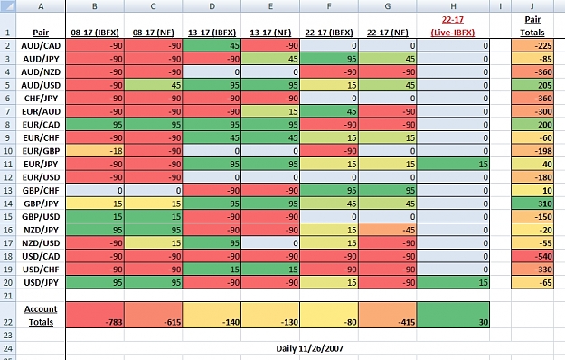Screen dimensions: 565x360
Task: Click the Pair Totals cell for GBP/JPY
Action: (532, 204)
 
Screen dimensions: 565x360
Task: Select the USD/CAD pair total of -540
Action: (532, 256)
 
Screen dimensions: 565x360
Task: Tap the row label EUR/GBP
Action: (41, 151)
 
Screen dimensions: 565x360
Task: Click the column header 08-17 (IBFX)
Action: (95, 33)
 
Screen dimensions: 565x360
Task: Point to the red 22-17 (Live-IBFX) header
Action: (453, 26)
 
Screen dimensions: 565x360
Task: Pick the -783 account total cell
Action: (95, 315)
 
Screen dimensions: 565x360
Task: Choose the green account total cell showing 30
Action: (453, 315)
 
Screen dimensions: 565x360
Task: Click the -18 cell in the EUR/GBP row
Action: (95, 151)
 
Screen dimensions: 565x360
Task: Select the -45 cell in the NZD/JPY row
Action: (388, 230)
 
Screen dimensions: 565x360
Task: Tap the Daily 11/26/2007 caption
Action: (309, 348)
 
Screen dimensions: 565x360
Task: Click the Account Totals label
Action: (41, 316)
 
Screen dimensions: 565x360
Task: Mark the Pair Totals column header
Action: (532, 26)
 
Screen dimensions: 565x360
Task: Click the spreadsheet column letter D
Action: (212, 6)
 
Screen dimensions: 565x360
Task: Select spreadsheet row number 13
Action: (8, 190)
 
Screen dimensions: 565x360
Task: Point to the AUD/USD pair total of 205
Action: (532, 85)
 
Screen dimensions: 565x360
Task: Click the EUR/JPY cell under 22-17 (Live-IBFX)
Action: (453, 164)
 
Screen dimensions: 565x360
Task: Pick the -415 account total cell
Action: (388, 315)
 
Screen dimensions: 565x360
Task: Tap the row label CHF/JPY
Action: (41, 99)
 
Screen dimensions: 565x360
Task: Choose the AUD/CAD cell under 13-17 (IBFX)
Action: (212, 46)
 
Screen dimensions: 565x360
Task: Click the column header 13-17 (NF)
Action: (270, 33)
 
